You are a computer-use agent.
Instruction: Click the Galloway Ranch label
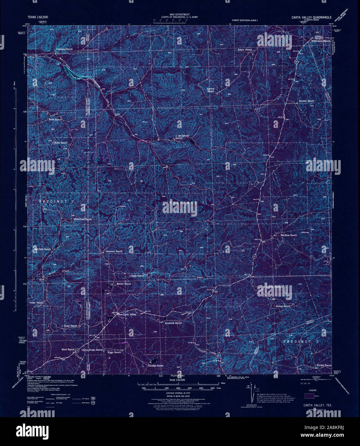64,49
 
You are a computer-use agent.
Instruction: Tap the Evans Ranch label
245,50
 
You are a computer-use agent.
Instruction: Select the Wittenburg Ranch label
321,41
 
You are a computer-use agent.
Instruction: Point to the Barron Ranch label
210,90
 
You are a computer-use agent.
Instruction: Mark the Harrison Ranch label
42,249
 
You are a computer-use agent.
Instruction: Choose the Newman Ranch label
114,251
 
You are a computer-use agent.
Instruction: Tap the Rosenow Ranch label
173,323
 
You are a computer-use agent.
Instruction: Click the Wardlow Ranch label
289,235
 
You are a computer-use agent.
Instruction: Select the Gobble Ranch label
156,366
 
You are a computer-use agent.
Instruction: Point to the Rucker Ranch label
323,365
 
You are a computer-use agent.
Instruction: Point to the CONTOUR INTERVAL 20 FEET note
180,393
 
